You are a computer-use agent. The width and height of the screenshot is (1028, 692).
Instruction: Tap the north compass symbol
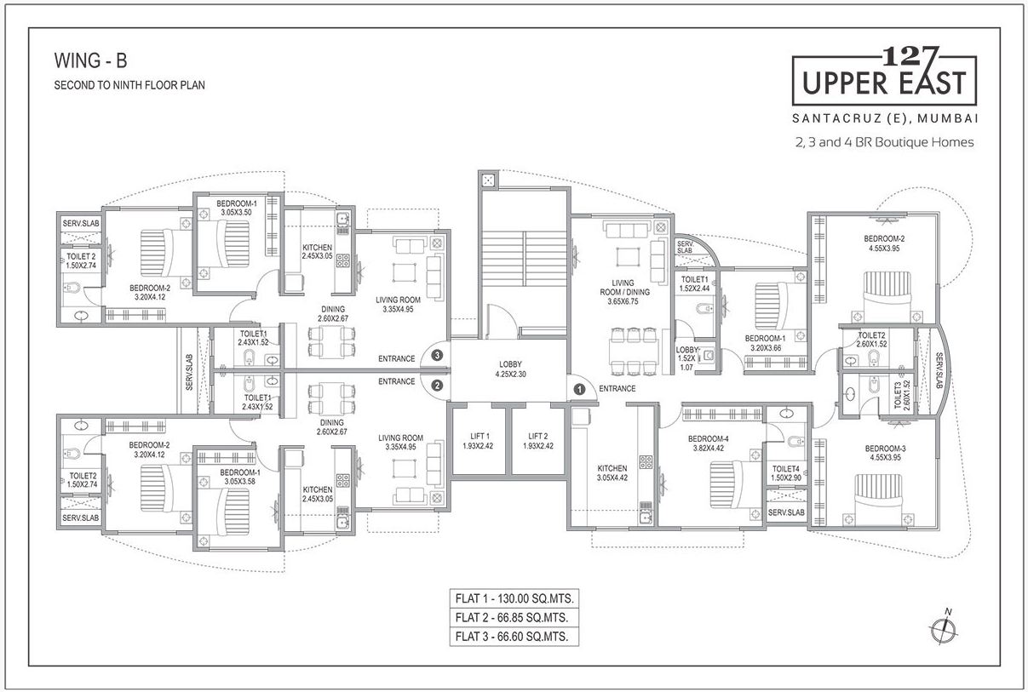[x=941, y=628]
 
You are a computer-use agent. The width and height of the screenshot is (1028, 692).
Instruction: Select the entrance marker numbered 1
[x=579, y=389]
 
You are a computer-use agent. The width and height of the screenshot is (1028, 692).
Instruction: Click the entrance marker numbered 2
[x=437, y=385]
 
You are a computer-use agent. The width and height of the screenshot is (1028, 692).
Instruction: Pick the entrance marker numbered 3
[x=437, y=356]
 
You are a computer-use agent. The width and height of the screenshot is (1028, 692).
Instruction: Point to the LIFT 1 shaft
[x=477, y=441]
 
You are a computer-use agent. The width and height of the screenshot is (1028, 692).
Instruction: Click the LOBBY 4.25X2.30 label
[x=510, y=369]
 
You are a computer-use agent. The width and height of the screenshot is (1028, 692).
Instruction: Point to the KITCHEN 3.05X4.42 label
[x=612, y=473]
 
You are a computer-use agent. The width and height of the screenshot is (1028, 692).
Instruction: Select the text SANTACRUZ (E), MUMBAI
[x=883, y=116]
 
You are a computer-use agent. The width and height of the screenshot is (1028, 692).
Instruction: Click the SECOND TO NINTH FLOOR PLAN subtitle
[x=129, y=85]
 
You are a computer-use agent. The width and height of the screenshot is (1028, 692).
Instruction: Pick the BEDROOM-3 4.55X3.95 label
[x=885, y=454]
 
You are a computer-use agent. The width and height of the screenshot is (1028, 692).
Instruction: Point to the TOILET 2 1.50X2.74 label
[x=82, y=260]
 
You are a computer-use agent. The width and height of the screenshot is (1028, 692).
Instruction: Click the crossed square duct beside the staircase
[x=490, y=180]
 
